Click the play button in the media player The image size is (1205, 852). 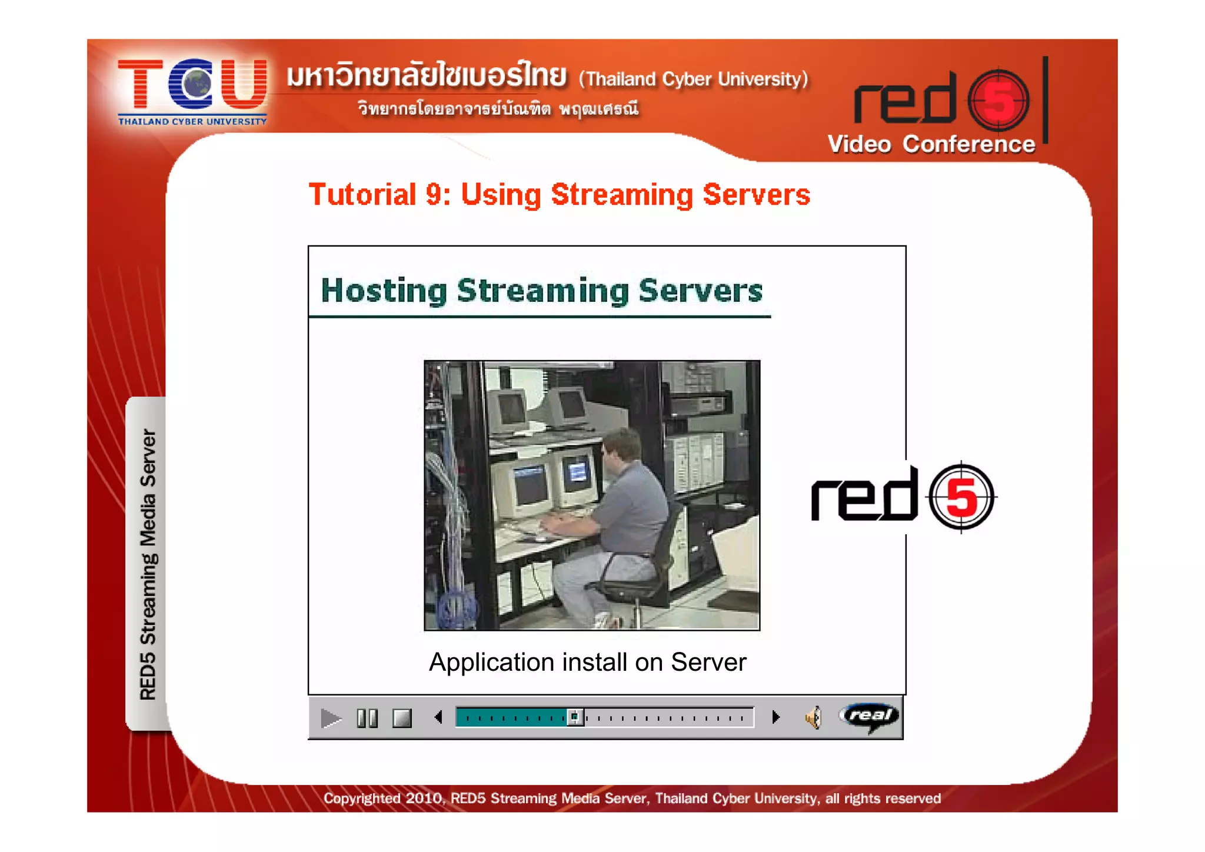[x=331, y=718]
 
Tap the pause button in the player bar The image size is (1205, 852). [x=367, y=718]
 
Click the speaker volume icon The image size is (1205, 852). [x=813, y=718]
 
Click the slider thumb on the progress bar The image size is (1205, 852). [x=575, y=717]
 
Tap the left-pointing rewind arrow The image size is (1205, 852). [x=438, y=717]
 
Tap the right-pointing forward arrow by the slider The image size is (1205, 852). [x=775, y=717]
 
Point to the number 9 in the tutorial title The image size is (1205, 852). [x=434, y=195]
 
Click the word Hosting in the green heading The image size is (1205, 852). [x=384, y=291]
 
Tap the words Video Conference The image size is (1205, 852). [x=931, y=145]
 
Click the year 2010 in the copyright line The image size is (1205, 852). [x=424, y=798]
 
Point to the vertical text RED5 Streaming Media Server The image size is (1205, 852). [x=148, y=564]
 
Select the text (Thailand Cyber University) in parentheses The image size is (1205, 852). [x=693, y=79]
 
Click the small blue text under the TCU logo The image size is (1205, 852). [x=192, y=122]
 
